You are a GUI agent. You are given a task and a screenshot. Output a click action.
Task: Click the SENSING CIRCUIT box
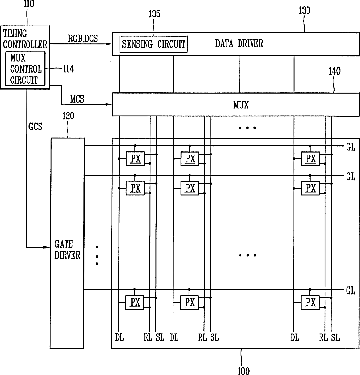pos(153,45)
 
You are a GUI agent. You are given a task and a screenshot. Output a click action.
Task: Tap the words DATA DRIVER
pos(239,44)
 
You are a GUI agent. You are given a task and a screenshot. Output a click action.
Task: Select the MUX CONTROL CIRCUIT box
pos(26,69)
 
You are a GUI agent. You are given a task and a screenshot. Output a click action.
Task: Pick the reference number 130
pos(305,11)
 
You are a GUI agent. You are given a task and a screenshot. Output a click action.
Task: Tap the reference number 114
pos(68,69)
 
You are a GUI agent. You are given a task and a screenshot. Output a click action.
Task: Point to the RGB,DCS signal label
pos(83,39)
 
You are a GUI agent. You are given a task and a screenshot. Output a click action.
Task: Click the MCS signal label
pos(78,99)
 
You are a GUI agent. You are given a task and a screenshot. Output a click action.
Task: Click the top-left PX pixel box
pos(135,158)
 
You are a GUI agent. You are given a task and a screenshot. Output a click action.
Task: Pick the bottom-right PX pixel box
pos(310,302)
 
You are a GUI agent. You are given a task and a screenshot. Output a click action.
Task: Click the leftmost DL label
pos(120,338)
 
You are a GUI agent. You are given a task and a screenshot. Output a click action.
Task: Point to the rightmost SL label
pos(335,338)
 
